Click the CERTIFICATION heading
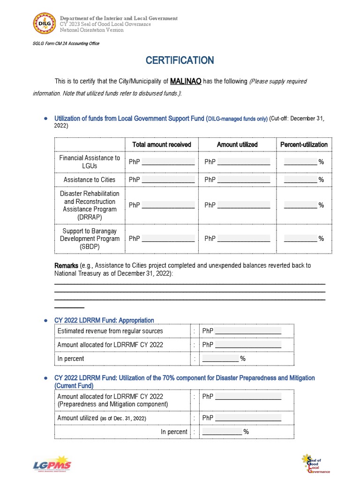180,60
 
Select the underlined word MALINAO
186,81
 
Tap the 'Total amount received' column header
162,144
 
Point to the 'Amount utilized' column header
237,144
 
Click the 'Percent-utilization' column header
304,144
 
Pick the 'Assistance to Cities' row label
90,180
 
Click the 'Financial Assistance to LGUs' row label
90,162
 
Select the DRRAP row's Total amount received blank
168,205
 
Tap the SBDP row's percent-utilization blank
300,239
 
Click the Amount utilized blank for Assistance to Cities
244,180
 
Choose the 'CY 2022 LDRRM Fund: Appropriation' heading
104,320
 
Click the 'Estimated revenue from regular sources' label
110,331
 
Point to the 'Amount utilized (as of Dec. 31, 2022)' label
102,418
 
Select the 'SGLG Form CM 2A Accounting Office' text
66,44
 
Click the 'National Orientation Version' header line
91,30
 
